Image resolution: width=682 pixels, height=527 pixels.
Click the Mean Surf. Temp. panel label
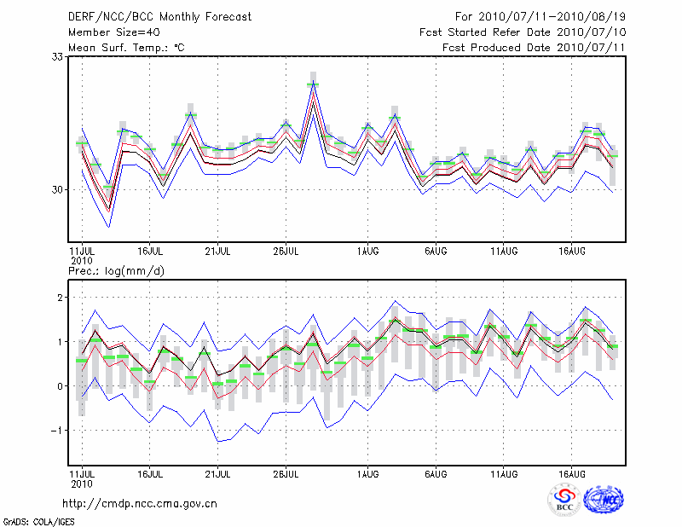pyautogui.click(x=126, y=48)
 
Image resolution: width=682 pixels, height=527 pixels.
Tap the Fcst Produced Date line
pyautogui.click(x=535, y=48)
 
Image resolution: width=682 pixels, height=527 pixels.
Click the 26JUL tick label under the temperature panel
pyautogui.click(x=286, y=252)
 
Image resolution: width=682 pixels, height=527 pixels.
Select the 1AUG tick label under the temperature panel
pyautogui.click(x=368, y=252)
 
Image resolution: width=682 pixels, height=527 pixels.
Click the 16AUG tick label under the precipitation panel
pyautogui.click(x=571, y=473)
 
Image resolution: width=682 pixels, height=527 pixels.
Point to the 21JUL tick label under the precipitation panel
pyautogui.click(x=217, y=473)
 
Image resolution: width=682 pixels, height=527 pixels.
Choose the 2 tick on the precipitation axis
pyautogui.click(x=61, y=298)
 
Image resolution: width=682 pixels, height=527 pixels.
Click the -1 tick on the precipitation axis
pyautogui.click(x=58, y=431)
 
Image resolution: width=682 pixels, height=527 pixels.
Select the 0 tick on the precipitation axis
pyautogui.click(x=61, y=386)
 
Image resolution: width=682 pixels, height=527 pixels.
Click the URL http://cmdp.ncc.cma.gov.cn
pyautogui.click(x=140, y=504)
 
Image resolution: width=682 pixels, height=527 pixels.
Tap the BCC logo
pyautogui.click(x=564, y=501)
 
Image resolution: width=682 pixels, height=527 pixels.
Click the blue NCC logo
pyautogui.click(x=603, y=501)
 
